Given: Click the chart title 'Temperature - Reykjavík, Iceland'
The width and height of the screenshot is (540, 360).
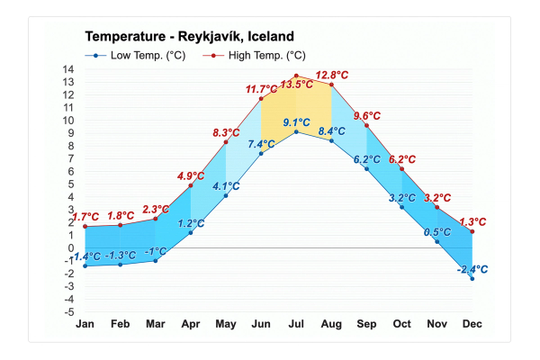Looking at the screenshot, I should point(188,37).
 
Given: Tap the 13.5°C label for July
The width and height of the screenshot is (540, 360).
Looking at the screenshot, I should point(296,85).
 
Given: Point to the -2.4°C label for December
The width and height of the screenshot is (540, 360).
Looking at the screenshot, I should point(472,269).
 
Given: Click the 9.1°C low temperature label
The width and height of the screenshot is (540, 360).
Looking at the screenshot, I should point(296,122).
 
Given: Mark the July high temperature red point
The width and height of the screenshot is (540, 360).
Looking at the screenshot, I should point(296,76).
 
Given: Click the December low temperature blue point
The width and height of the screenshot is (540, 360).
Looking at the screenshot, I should point(472,279).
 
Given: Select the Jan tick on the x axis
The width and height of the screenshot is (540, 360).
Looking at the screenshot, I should point(85,323).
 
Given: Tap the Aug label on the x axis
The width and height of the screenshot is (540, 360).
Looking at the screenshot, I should point(331,323).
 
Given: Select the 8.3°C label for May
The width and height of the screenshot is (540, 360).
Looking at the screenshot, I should point(226,132).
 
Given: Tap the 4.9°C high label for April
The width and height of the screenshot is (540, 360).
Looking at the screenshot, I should point(191,175).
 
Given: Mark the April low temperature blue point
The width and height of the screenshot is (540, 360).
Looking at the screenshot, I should point(191,233).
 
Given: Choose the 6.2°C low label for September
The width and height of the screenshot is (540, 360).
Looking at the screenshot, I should point(366,159).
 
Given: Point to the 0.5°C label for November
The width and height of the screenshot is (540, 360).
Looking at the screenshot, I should point(436,231).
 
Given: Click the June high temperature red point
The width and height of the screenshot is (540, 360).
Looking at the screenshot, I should point(261,99).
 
